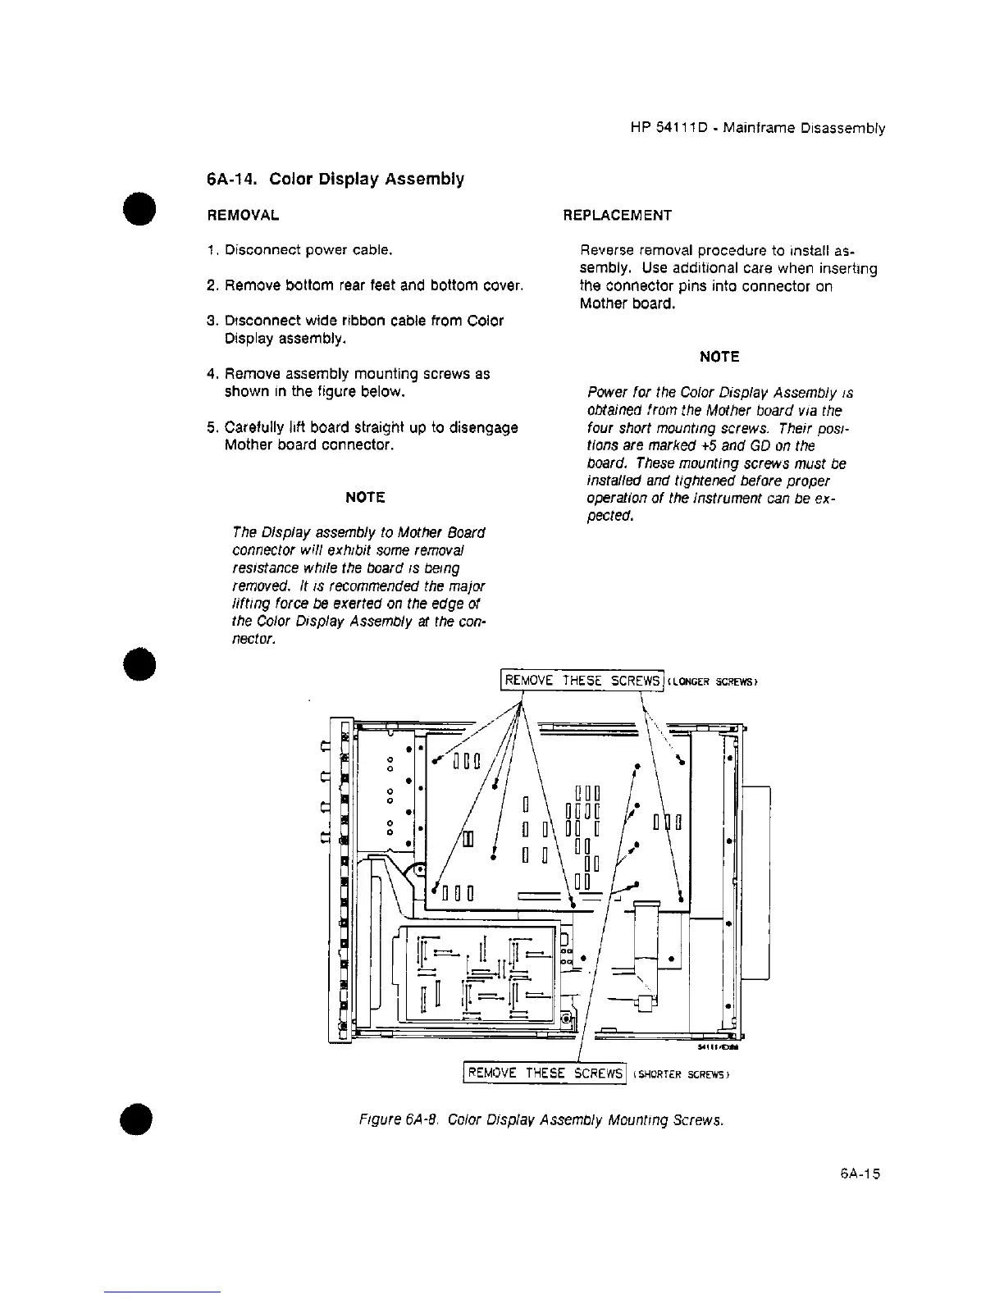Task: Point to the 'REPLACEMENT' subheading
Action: pos(617,216)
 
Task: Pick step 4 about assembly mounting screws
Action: pos(348,382)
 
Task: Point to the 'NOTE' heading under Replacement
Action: pos(719,357)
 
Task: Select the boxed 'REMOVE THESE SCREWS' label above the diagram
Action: pos(582,681)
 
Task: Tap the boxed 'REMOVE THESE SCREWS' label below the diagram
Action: pos(545,1073)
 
